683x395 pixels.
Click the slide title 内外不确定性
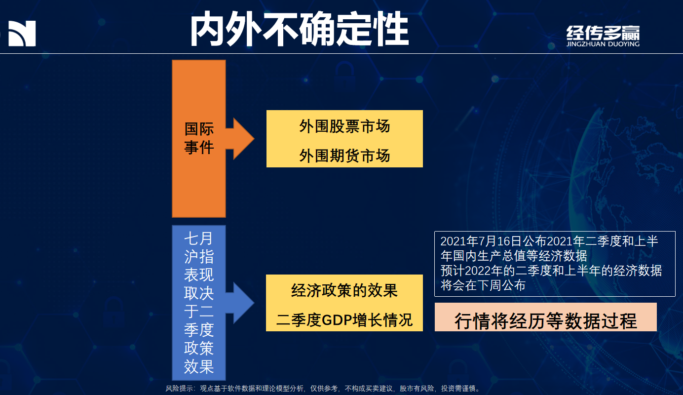coord(299,29)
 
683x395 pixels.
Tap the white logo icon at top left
coord(22,34)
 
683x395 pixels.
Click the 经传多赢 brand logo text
coord(603,33)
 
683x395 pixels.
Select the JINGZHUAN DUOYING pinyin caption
coord(603,44)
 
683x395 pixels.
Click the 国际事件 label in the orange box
coord(199,138)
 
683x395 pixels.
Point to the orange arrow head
coord(244,138)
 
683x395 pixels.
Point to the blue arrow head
coord(244,303)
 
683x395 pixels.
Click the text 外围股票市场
coord(344,126)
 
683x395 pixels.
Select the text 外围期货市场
coord(344,156)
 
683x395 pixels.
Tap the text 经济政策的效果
coord(344,290)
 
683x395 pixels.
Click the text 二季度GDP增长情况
coord(344,320)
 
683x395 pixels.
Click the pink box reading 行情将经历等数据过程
coord(545,317)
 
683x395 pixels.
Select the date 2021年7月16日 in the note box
coord(481,241)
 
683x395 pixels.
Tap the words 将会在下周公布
coord(483,285)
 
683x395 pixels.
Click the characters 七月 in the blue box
coord(198,238)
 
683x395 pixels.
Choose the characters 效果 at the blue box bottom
coord(199,367)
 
